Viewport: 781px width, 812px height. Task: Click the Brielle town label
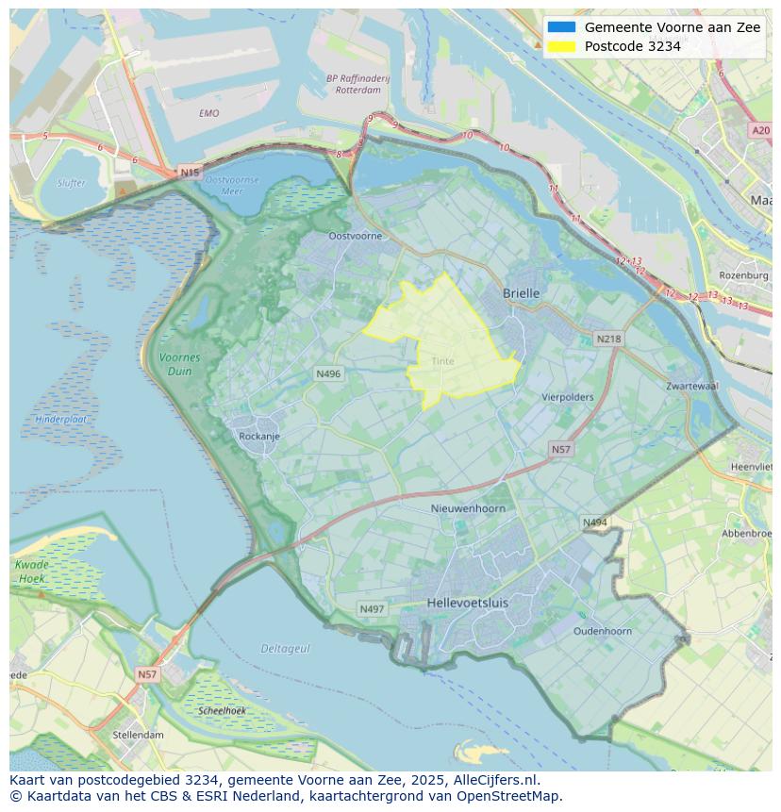point(521,293)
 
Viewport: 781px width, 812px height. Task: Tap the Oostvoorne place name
point(355,236)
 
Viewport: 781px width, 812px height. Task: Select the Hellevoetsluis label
point(467,602)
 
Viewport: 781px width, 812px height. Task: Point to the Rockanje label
point(259,437)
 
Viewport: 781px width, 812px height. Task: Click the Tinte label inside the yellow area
point(442,361)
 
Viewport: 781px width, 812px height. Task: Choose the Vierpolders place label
point(567,397)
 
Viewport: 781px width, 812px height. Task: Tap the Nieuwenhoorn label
point(468,508)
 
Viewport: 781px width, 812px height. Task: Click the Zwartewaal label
point(691,387)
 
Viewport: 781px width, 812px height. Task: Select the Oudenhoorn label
point(603,631)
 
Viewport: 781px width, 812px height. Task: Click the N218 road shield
point(608,339)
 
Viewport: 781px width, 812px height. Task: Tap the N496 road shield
point(328,374)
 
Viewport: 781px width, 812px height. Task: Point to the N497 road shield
point(372,609)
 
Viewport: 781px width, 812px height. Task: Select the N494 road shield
point(594,522)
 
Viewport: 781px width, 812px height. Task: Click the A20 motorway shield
point(760,131)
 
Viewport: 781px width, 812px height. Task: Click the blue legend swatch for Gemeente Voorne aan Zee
point(561,27)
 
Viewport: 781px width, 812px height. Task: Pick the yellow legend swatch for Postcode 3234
point(561,46)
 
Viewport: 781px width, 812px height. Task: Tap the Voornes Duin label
point(179,364)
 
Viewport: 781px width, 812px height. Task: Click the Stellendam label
point(138,735)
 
